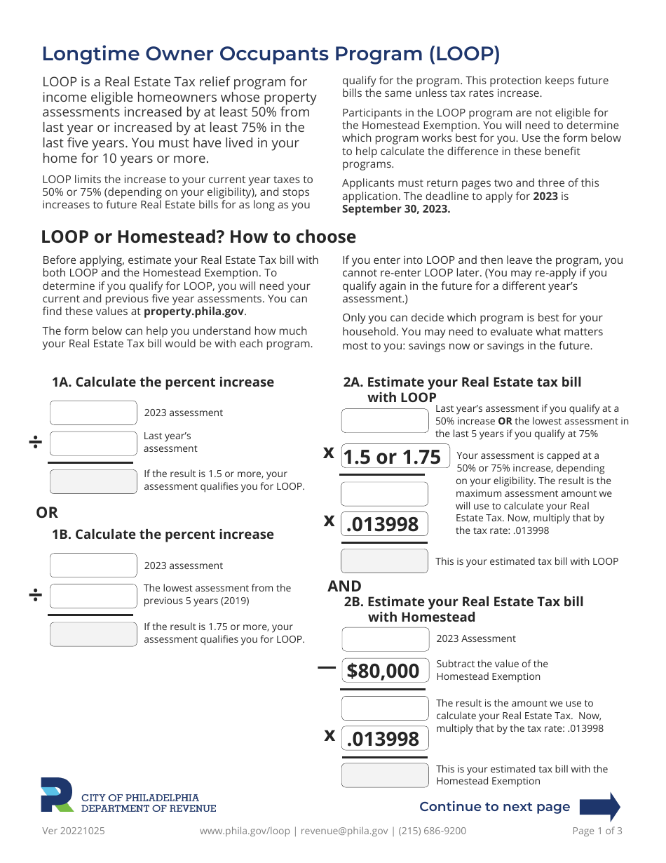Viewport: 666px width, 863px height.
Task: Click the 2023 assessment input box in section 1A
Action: (x=93, y=413)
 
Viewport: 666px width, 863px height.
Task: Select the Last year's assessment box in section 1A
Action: (x=93, y=443)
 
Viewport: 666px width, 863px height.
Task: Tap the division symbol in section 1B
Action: (x=35, y=596)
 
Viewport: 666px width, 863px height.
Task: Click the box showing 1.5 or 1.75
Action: (x=384, y=457)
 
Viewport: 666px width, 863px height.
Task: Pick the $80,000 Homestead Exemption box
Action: (x=384, y=671)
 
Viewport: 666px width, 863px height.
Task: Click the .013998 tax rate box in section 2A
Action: (x=384, y=524)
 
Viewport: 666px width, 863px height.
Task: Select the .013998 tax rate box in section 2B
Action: (x=384, y=738)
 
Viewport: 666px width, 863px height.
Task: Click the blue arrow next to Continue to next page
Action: (x=605, y=807)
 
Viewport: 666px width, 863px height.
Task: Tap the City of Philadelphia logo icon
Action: (x=57, y=795)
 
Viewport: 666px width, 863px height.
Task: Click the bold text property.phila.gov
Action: (x=194, y=312)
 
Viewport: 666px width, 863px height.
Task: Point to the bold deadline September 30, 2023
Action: (x=396, y=209)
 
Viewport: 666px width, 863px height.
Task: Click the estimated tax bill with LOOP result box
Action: (x=384, y=561)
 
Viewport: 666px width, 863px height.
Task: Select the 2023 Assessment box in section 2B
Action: (x=385, y=639)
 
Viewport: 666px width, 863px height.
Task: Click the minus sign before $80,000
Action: (x=327, y=668)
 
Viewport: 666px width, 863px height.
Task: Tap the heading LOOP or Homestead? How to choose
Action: (x=198, y=236)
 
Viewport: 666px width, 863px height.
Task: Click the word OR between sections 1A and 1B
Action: (x=47, y=513)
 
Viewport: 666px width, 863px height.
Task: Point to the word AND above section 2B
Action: (x=344, y=587)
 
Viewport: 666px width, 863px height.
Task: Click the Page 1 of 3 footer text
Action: (x=597, y=831)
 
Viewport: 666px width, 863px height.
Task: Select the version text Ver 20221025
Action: (x=74, y=831)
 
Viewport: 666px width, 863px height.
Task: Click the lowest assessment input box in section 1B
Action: (x=93, y=596)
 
